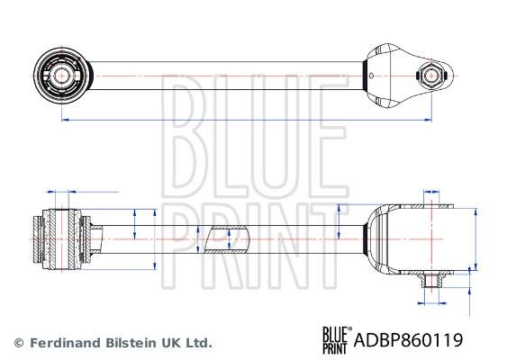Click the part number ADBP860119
coord(410,340)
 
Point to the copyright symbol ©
coord(17,343)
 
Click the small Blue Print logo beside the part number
coord(336,337)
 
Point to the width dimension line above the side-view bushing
coord(83,192)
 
